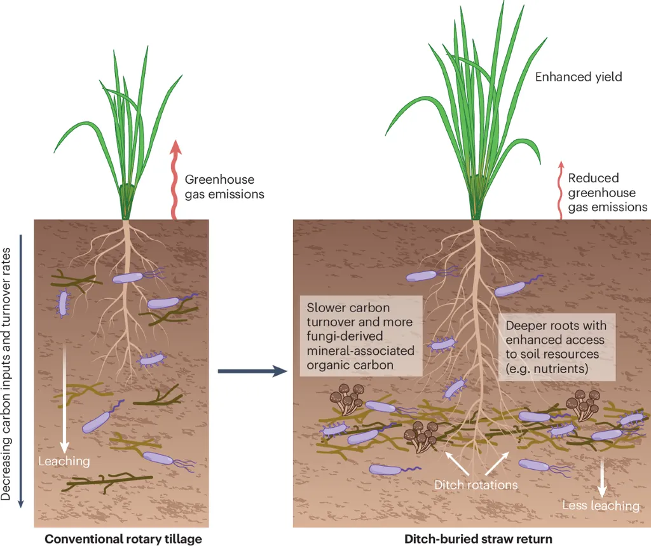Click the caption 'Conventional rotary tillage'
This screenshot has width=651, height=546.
point(123,539)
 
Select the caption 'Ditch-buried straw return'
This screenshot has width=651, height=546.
point(478,539)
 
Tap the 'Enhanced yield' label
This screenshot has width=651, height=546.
point(578,77)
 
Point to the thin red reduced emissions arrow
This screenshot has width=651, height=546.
point(561,191)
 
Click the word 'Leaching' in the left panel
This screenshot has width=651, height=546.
point(64,460)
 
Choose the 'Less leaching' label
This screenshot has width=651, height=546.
point(601,506)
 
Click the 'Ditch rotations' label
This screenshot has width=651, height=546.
point(476,485)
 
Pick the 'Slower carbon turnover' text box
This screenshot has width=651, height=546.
point(360,335)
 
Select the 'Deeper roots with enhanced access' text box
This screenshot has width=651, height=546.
point(556,346)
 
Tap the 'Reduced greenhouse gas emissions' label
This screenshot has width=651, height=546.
point(607,193)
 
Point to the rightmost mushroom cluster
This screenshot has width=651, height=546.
point(583,404)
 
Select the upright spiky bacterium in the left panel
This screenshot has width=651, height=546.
point(64,304)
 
